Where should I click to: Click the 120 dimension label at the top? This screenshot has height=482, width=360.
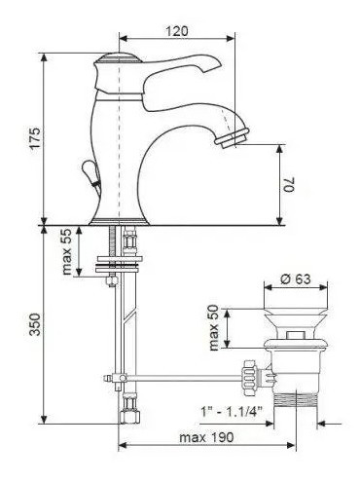click(x=177, y=31)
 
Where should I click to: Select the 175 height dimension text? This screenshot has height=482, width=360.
click(x=35, y=138)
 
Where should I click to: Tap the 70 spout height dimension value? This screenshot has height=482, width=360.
click(x=290, y=184)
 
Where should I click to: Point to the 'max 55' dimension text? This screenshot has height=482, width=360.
click(x=66, y=251)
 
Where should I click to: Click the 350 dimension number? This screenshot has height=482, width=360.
click(x=35, y=324)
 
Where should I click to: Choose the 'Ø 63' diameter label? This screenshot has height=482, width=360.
click(x=296, y=278)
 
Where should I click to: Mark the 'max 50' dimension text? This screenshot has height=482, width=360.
click(x=214, y=328)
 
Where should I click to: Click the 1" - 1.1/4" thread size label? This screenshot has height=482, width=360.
click(x=232, y=413)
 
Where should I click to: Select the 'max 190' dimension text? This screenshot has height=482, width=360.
click(x=206, y=437)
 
